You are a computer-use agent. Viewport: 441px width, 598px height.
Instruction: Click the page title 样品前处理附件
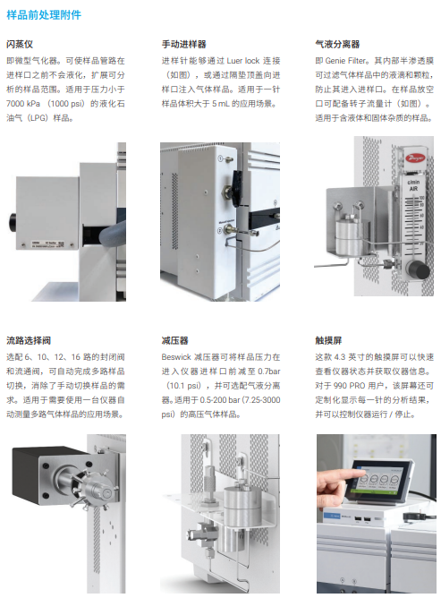coord(44,15)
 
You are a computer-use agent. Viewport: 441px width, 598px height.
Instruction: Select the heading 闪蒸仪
coord(20,44)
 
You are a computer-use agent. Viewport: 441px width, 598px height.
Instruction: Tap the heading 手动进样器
coord(183,44)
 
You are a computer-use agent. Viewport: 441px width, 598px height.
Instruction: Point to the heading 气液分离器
coord(337,44)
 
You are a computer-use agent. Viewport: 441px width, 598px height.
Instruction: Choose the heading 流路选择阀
coord(29,340)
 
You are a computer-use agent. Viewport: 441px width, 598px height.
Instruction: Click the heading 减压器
coord(174,340)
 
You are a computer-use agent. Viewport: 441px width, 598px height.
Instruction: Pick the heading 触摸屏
coord(328,340)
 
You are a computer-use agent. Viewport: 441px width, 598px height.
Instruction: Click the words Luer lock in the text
coord(243,61)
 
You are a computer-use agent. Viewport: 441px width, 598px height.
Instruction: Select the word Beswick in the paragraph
coord(176,357)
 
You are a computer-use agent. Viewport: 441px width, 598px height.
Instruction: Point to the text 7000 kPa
coord(23,104)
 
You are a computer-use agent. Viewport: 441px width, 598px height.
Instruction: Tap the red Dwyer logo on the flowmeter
coord(413,158)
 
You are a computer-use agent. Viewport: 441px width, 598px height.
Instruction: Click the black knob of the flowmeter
coord(420,271)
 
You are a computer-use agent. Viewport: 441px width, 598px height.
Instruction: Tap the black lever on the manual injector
coord(237,183)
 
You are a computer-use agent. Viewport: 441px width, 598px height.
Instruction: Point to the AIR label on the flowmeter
coord(413,189)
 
